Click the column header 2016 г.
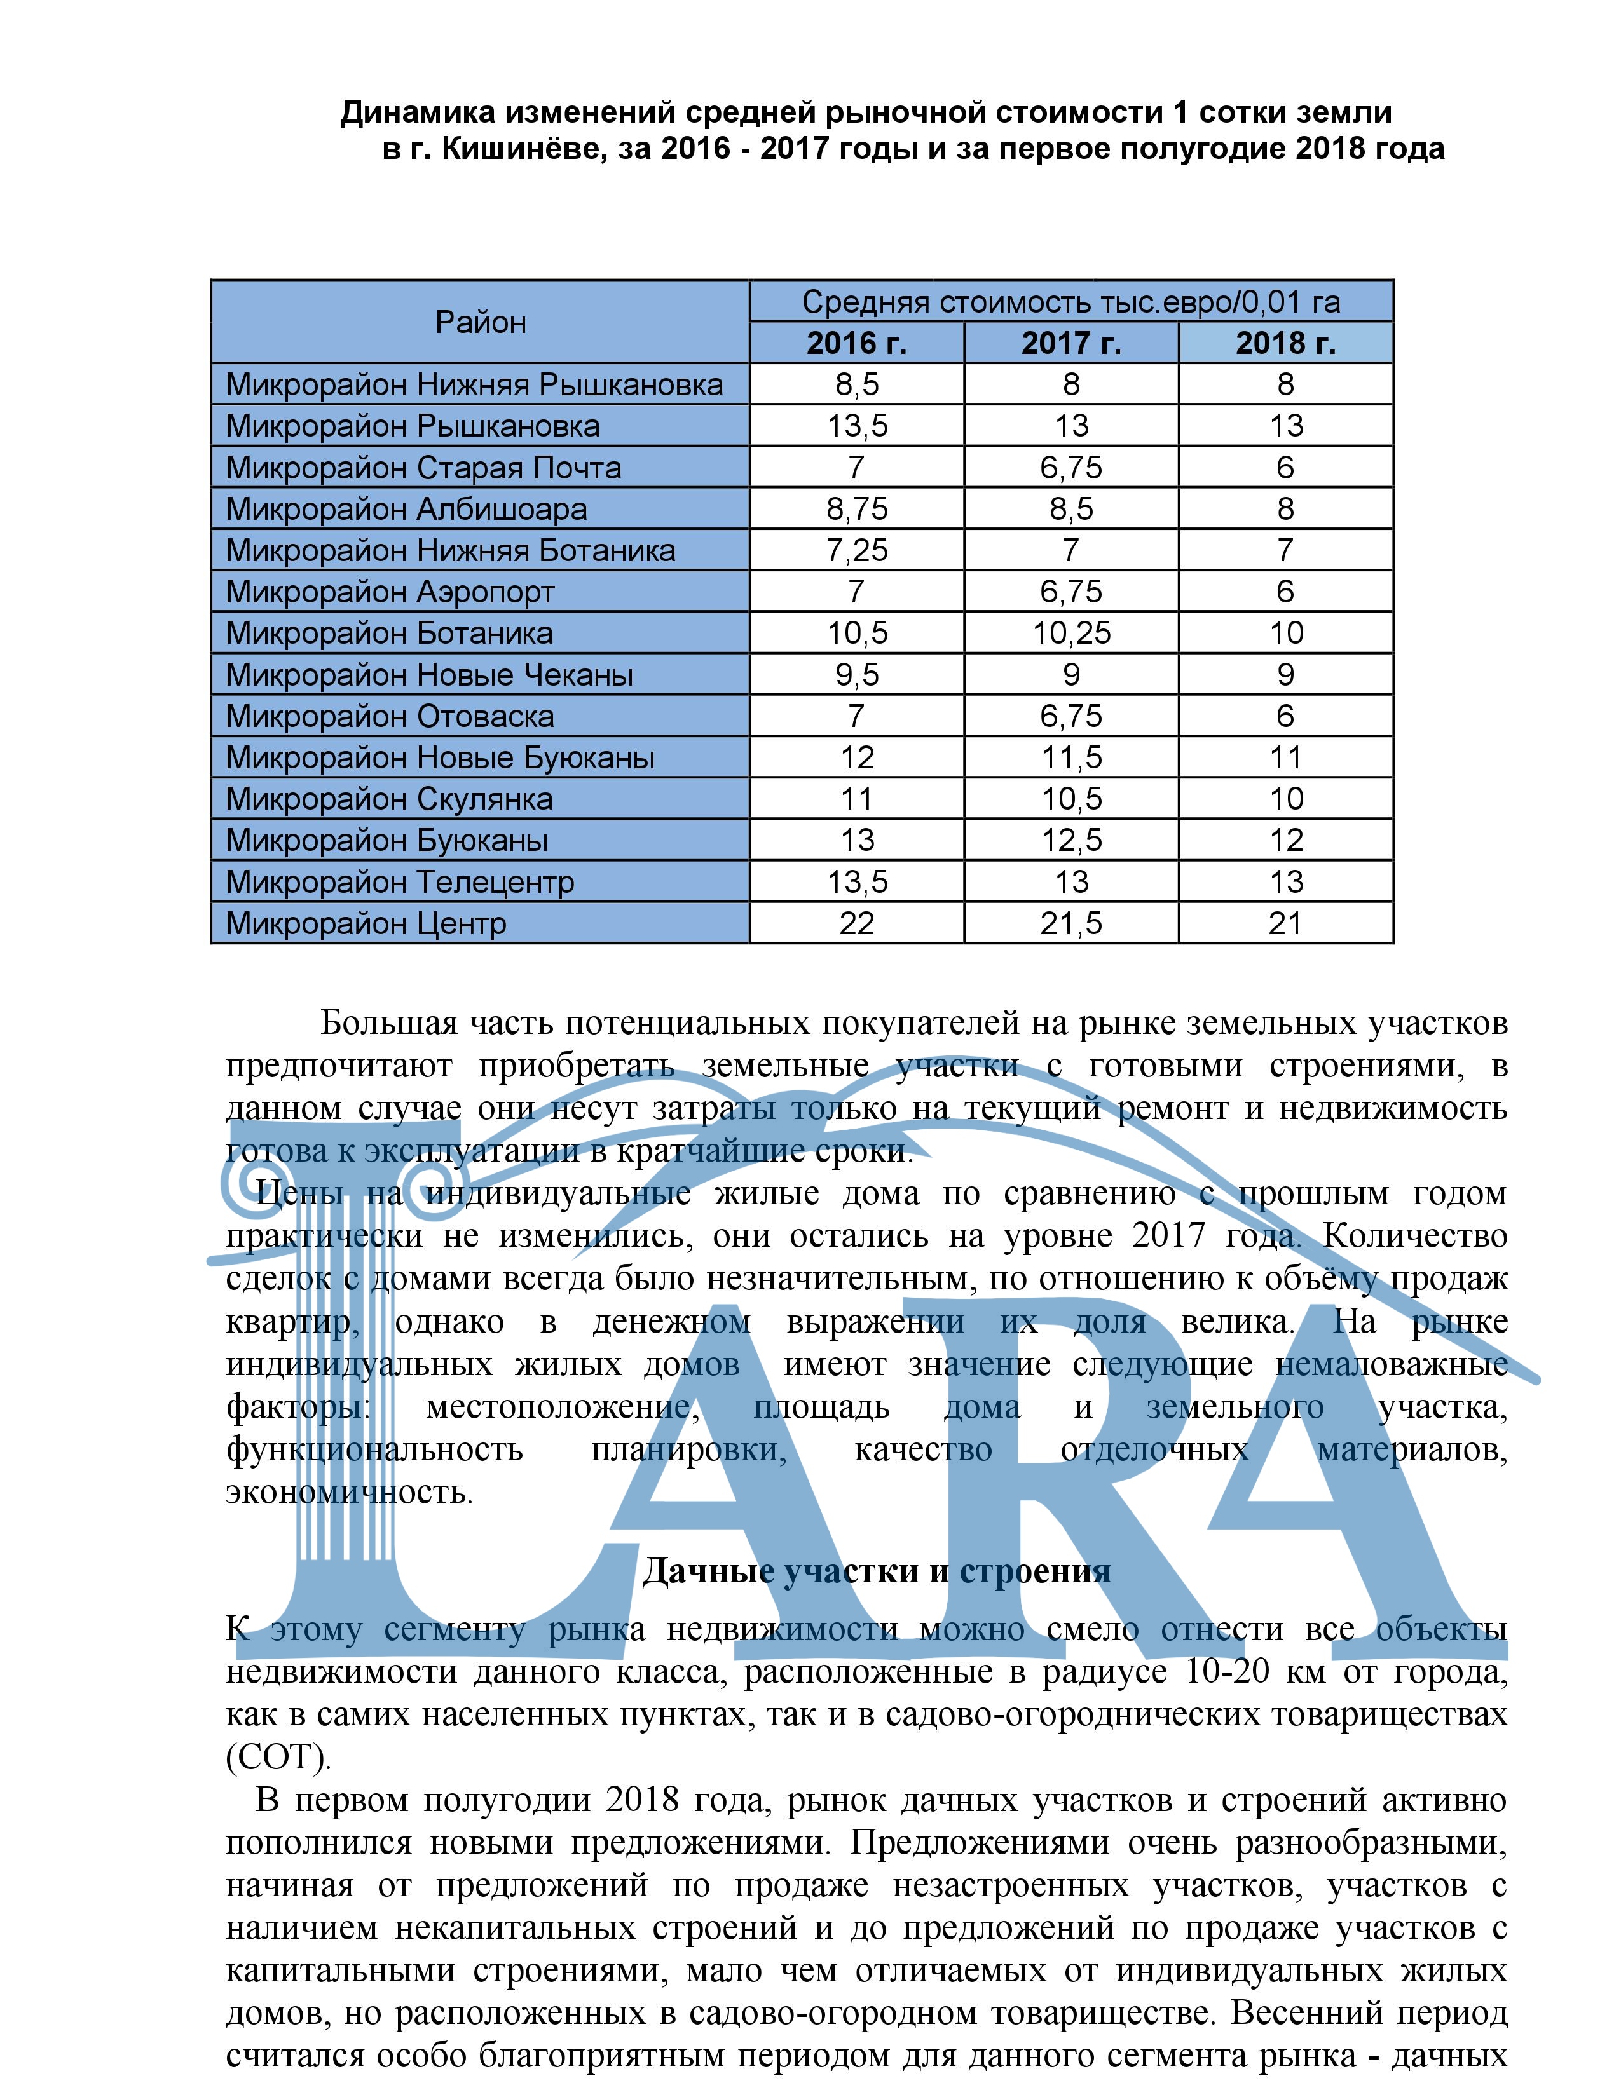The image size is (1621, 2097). point(856,343)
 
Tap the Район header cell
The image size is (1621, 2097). point(480,322)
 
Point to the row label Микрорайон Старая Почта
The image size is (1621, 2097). point(423,468)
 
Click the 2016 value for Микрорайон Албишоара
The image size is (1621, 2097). point(856,509)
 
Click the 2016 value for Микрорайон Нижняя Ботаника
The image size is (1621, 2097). point(856,551)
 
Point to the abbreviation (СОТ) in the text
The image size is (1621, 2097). point(278,1784)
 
